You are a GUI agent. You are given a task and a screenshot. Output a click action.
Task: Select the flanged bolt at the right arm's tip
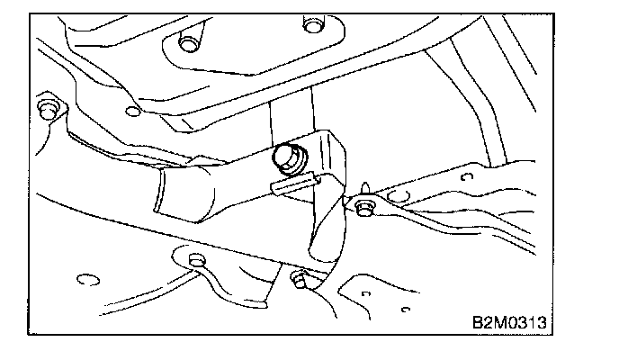[364, 208]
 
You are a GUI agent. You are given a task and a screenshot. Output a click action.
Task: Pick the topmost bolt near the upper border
[312, 22]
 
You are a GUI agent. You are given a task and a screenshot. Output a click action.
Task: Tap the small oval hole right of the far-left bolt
[133, 112]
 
